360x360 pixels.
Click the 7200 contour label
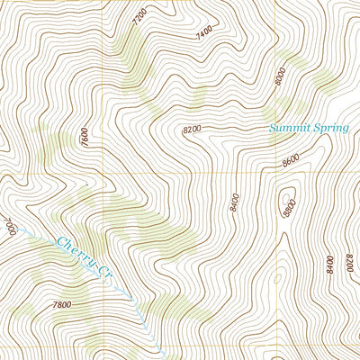[138, 17]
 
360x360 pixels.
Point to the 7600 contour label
[85, 139]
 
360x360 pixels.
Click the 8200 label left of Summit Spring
[192, 130]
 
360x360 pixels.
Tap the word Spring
[332, 130]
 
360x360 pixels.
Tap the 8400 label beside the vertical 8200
[330, 264]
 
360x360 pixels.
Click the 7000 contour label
[10, 226]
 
